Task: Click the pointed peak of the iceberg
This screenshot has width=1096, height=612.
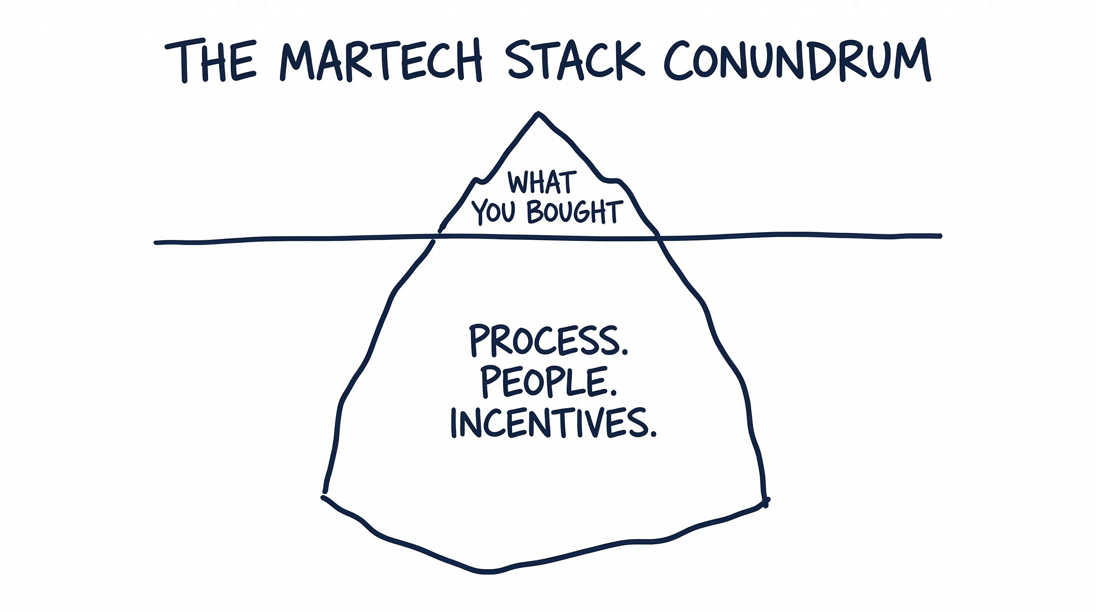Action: click(538, 114)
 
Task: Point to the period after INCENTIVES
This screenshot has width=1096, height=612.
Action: click(653, 435)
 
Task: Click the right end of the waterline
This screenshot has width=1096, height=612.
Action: click(940, 236)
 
